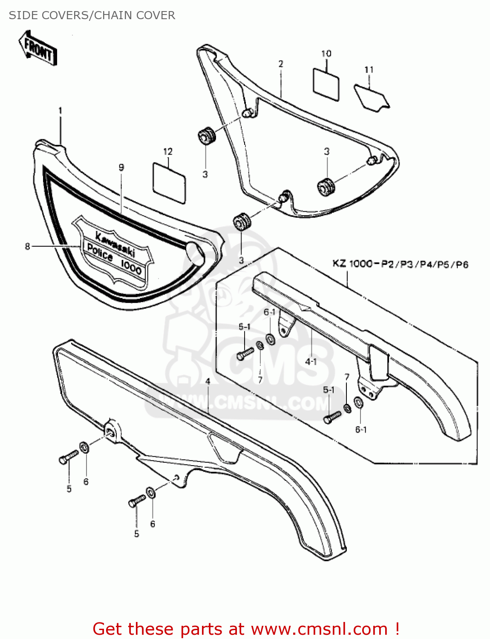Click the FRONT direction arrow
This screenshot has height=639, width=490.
tap(38, 48)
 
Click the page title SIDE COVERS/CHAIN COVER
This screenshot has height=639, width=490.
tap(92, 15)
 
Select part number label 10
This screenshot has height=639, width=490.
tap(326, 54)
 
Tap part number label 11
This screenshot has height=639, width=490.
tap(369, 69)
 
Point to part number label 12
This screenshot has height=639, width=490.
tap(168, 152)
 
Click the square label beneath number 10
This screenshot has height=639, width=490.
tap(326, 84)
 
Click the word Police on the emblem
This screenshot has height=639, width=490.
tap(100, 252)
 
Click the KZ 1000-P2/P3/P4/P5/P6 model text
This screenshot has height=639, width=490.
tap(400, 264)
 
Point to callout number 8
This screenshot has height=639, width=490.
tap(28, 246)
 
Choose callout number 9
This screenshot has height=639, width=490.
tap(121, 167)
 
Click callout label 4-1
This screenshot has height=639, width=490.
tap(311, 362)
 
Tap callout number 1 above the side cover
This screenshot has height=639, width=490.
tap(60, 111)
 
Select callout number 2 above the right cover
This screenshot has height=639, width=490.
tap(281, 64)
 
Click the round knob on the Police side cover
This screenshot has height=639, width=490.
tap(195, 251)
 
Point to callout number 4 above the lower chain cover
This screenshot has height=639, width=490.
tap(208, 381)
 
